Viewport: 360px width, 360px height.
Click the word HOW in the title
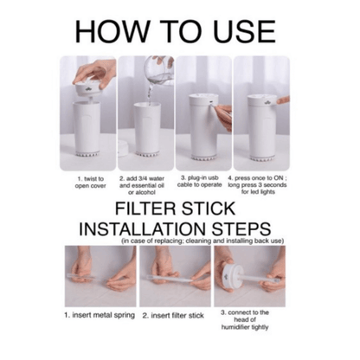click(x=112, y=31)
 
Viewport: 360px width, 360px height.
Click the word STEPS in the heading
click(x=241, y=229)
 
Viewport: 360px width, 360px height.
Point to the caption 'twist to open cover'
click(x=90, y=183)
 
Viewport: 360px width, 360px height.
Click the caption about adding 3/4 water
click(x=142, y=185)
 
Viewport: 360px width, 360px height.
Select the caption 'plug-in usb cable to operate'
click(x=200, y=181)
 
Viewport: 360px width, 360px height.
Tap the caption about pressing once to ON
click(x=257, y=185)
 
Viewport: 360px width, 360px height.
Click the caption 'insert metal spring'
click(x=100, y=315)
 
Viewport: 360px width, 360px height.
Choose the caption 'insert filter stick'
click(x=173, y=316)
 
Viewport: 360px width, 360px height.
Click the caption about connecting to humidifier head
click(x=245, y=319)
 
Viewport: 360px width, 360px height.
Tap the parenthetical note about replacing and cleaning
click(x=202, y=241)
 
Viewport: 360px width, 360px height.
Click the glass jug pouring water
click(x=158, y=70)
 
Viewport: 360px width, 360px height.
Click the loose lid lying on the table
click(x=123, y=148)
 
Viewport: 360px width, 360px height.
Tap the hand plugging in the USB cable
click(x=224, y=117)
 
